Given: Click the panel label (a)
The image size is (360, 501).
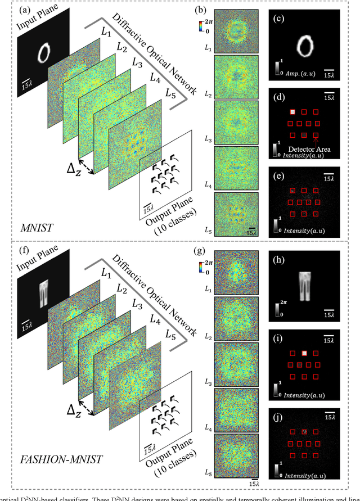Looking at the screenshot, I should point(13,10).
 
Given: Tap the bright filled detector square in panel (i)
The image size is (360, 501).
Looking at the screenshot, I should point(304,353).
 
